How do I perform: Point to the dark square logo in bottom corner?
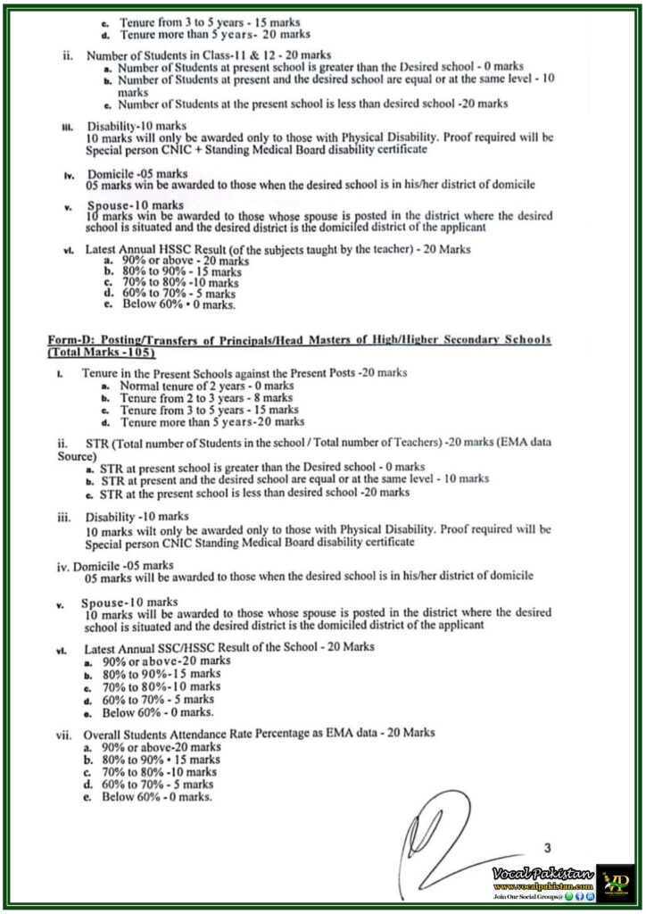[616, 882]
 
